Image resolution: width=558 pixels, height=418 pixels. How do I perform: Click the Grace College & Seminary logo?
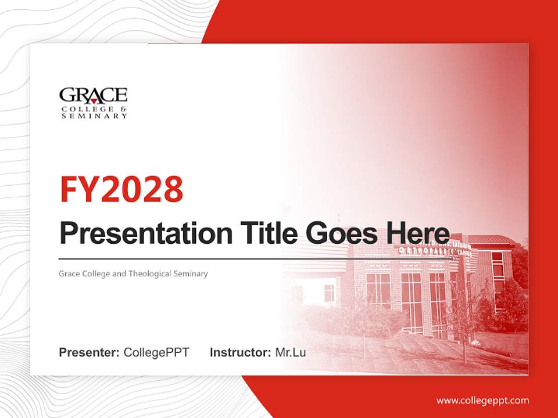coord(94,103)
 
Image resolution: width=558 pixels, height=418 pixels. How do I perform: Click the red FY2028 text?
coord(121,189)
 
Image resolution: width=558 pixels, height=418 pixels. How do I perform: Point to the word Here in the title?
coord(418,233)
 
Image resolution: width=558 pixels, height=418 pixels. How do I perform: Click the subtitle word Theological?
coord(150,273)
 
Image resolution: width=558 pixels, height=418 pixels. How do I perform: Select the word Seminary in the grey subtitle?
coord(191,273)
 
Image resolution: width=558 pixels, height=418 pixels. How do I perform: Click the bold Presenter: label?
coord(90,352)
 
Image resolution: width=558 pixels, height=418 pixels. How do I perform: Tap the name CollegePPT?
coord(156,352)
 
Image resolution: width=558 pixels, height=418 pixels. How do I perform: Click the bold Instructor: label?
coord(240,352)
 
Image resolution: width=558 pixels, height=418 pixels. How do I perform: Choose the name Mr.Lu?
coord(291,352)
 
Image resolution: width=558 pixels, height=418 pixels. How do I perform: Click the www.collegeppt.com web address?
coord(482,401)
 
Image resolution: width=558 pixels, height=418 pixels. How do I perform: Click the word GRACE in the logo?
coord(94,95)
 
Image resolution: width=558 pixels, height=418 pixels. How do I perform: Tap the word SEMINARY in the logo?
coord(95,116)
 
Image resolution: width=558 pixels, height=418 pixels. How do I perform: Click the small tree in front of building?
coord(364,325)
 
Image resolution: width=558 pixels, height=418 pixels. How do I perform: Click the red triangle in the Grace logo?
coord(94,100)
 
